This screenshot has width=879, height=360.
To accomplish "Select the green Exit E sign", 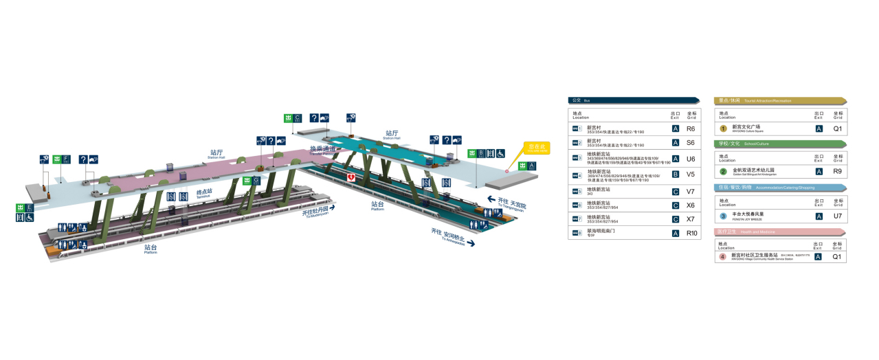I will [x=25, y=207].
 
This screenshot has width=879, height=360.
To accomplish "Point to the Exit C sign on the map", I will [x=293, y=118].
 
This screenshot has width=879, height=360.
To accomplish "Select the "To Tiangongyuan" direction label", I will [x=510, y=203].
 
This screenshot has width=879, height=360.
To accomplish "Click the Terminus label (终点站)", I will [x=204, y=193].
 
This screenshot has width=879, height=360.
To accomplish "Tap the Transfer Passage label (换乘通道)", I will [x=322, y=149].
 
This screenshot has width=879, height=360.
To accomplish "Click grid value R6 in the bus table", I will [x=691, y=128].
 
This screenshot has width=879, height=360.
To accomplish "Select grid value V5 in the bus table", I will [x=691, y=175].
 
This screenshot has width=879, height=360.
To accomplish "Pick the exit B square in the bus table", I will [x=675, y=175].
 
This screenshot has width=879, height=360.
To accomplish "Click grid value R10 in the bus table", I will [x=691, y=234].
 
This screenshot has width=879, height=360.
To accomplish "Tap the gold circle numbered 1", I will [x=723, y=128].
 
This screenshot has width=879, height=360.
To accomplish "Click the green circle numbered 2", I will [x=723, y=171].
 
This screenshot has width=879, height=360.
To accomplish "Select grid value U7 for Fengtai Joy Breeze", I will [x=837, y=216].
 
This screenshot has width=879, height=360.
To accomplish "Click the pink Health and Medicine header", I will [x=780, y=232].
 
